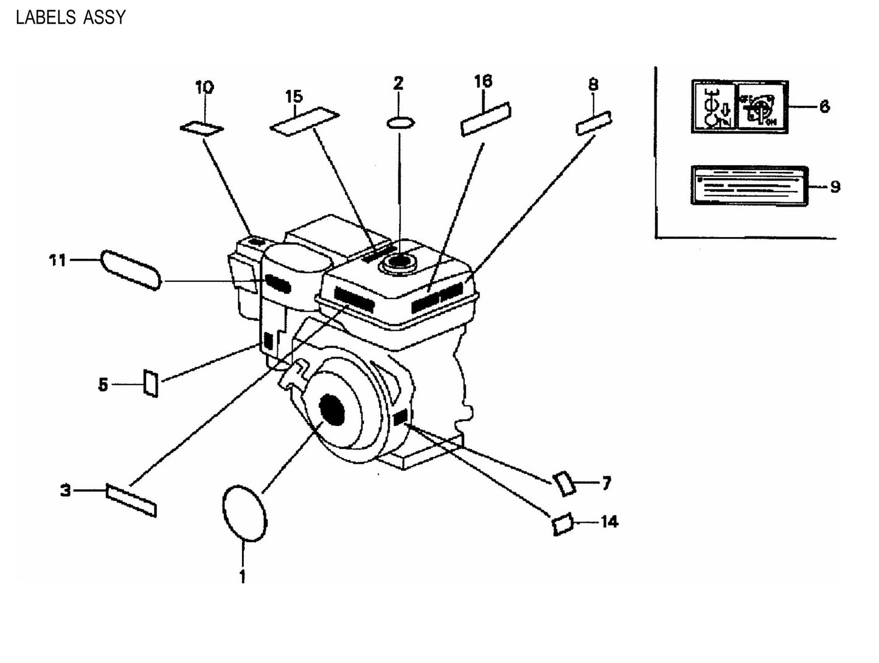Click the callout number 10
pos(204,88)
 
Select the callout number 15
pos(294,96)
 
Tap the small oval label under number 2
pos(401,123)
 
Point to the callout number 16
pos(484,81)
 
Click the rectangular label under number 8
pos(594,123)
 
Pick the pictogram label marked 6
pos(739,106)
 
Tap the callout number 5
pos(103,384)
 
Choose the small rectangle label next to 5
pos(151,383)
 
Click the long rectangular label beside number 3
pos(131,500)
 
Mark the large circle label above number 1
pos(245,512)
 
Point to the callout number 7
pos(606,484)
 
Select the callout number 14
pos(609,521)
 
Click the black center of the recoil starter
pos(332,410)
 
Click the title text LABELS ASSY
pos(71,18)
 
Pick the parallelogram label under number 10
pos(202,128)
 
